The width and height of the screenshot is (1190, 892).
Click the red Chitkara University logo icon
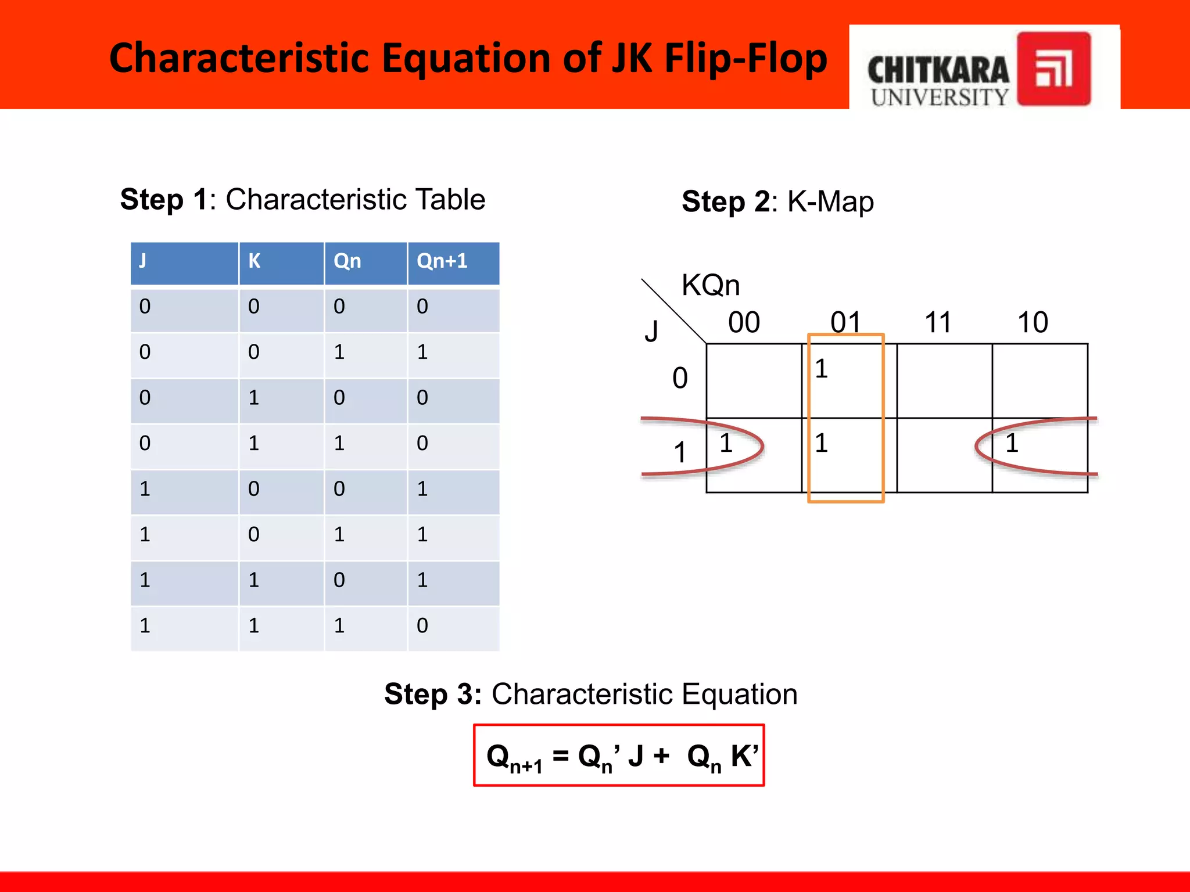(1053, 69)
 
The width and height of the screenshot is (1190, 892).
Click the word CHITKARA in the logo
(938, 71)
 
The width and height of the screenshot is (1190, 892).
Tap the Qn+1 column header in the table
(442, 261)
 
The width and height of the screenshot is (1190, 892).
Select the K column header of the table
(255, 261)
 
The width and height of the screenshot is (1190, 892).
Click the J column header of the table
(143, 261)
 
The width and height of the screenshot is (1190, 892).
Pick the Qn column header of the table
(347, 261)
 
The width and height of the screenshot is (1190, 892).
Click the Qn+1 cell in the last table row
(422, 625)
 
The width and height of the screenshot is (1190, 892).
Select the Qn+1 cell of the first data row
(422, 306)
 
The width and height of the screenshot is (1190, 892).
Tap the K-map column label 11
(938, 322)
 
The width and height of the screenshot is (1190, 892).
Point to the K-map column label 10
(1033, 322)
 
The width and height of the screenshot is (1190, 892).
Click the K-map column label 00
(744, 322)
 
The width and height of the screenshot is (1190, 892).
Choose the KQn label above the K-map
(711, 285)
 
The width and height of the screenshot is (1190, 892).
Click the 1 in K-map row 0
(821, 369)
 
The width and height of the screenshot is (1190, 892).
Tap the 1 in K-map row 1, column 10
(1012, 443)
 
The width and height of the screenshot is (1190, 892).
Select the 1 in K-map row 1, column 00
(726, 443)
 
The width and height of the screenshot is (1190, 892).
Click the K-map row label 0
(680, 378)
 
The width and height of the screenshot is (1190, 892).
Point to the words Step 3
(432, 694)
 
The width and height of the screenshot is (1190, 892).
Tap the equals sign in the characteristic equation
(560, 756)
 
